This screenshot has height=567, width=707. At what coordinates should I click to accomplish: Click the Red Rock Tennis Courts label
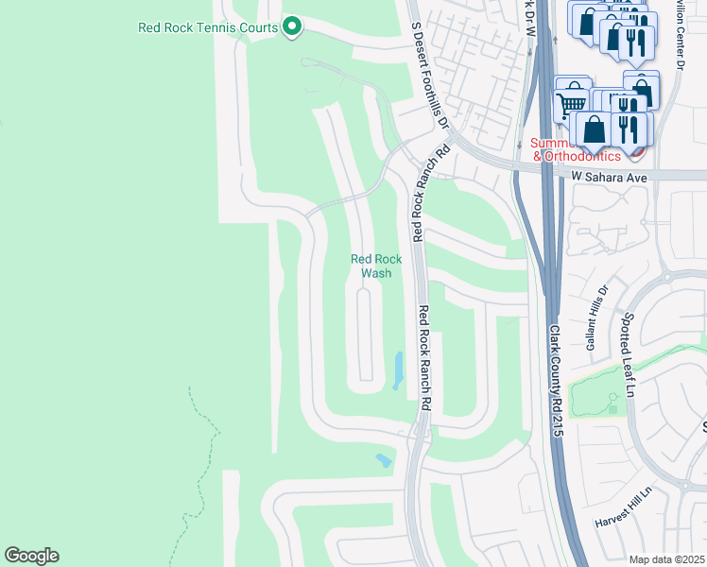[207, 27]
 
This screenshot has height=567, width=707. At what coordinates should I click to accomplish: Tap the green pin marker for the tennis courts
[292, 27]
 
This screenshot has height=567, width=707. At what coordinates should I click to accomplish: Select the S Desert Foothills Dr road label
[430, 66]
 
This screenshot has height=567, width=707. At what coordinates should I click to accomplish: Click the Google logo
[31, 556]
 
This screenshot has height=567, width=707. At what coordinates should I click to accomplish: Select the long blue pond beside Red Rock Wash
[398, 369]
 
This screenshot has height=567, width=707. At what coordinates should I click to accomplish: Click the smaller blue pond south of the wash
[383, 460]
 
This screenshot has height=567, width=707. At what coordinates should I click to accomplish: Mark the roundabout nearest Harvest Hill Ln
[683, 487]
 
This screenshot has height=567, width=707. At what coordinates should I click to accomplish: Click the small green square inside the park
[612, 408]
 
